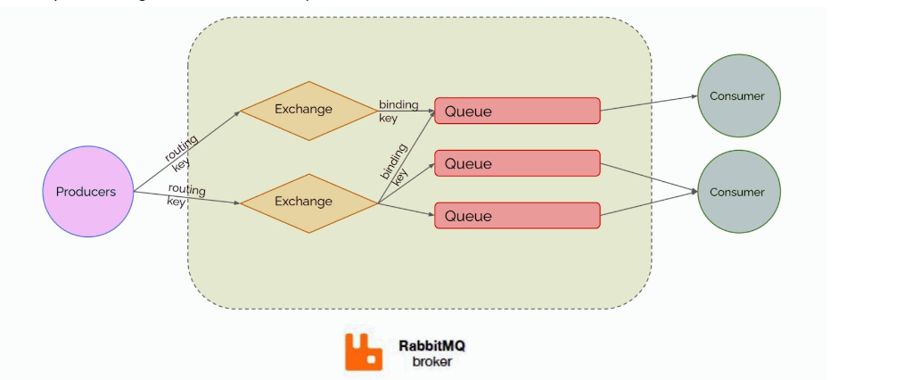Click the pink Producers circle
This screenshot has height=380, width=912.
pyautogui.click(x=86, y=192)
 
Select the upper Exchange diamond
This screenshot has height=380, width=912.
pyautogui.click(x=304, y=110)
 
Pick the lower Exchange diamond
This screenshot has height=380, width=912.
pyautogui.click(x=304, y=202)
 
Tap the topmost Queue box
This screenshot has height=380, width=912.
pyautogui.click(x=517, y=112)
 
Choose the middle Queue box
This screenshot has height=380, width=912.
pyautogui.click(x=517, y=164)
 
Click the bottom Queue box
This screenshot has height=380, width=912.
pyautogui.click(x=517, y=216)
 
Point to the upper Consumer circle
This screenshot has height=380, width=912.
pyautogui.click(x=737, y=95)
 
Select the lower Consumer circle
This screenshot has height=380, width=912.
pyautogui.click(x=737, y=192)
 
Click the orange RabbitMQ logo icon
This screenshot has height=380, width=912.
pyautogui.click(x=364, y=351)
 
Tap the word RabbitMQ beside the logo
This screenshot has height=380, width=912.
pyautogui.click(x=431, y=343)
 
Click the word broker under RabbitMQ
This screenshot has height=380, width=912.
pyautogui.click(x=431, y=361)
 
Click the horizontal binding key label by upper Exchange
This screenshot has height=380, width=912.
pyautogui.click(x=398, y=111)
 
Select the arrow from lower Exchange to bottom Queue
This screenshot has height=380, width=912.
pyautogui.click(x=407, y=210)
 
